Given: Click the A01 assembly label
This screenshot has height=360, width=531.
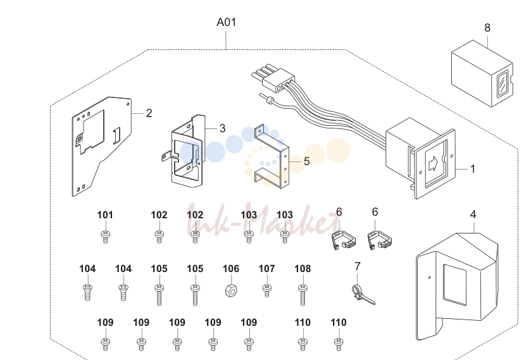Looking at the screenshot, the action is click(226, 22).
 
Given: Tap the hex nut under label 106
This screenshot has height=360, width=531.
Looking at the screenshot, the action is click(231, 290).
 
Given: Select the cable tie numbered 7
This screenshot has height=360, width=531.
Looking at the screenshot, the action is click(363, 295).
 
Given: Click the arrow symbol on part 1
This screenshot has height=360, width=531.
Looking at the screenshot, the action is click(433, 164).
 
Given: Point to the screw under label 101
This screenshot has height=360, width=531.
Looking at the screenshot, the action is click(105, 236).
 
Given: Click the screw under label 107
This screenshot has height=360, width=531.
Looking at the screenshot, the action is click(267, 290).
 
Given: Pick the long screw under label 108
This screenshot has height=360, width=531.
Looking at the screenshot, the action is click(303, 295).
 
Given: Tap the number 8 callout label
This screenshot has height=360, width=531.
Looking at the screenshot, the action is click(487, 28).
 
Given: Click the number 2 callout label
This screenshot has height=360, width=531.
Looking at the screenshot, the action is click(149, 113).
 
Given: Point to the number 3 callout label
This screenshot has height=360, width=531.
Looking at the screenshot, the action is click(222, 128).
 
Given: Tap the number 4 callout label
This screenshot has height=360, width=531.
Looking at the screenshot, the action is click(473, 214).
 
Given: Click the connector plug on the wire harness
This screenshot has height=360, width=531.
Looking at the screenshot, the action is click(273, 79).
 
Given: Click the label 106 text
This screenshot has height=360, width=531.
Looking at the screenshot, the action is click(231, 268).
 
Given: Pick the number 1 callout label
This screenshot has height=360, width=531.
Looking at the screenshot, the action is click(473, 169).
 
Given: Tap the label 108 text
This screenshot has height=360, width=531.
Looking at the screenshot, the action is click(303, 268).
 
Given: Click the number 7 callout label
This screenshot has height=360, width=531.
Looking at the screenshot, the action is click(358, 266).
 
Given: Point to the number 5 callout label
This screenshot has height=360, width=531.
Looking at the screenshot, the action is click(306, 161).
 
